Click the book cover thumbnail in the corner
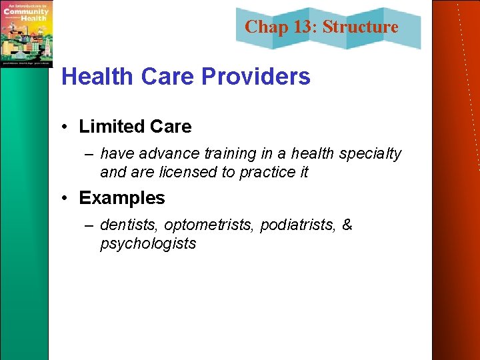[x=26, y=33]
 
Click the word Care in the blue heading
[x=170, y=77]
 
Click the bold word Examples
[x=121, y=198]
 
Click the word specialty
[x=370, y=154]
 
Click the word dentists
[x=129, y=225]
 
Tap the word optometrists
[x=209, y=225]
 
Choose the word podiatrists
[x=298, y=225]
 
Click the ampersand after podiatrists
[x=347, y=225]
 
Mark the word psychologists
[x=148, y=243]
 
